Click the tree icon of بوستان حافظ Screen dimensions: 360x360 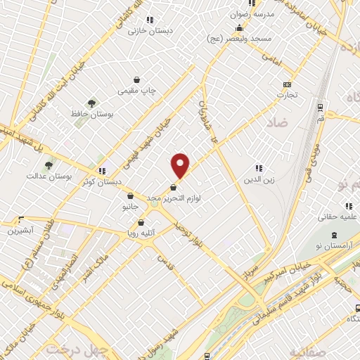[91, 103]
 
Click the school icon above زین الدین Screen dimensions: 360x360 [258, 169]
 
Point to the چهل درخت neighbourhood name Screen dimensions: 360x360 [74, 349]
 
